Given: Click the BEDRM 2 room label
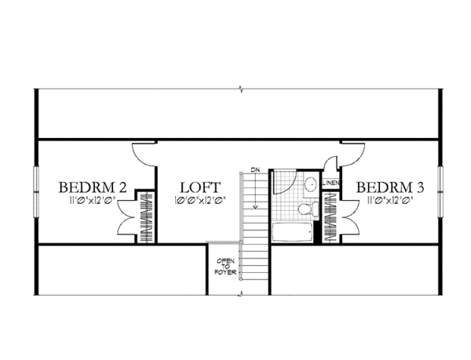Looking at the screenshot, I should point(93,187).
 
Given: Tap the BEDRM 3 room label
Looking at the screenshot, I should point(391,187).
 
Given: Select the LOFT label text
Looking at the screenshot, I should point(200,187).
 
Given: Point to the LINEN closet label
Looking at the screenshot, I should point(330,184).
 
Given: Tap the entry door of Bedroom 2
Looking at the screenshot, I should point(144,154).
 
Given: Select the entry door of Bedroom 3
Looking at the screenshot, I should point(353,154).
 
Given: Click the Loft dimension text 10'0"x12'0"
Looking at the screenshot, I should point(200,201).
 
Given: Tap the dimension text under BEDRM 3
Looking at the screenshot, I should point(391,201).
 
